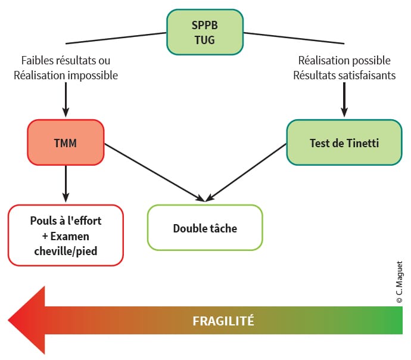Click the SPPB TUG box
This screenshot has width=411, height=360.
[205, 33]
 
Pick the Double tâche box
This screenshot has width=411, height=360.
[204, 228]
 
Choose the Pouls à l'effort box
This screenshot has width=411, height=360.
[66, 235]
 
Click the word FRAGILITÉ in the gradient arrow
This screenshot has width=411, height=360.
[223, 321]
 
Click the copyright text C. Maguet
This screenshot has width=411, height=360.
[399, 283]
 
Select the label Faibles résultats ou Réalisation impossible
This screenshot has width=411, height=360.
[66, 68]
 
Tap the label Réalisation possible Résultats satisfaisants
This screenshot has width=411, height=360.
[344, 68]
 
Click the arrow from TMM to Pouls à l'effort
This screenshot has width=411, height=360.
[66, 185]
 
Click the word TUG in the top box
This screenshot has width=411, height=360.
[205, 41]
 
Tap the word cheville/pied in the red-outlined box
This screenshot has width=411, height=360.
[66, 251]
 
